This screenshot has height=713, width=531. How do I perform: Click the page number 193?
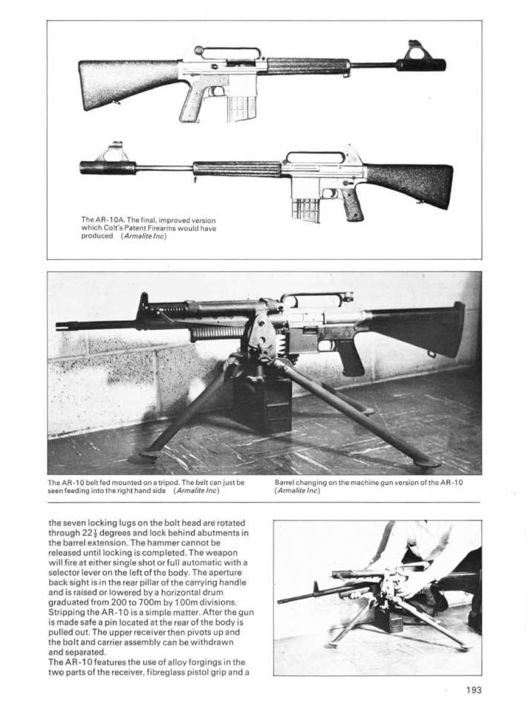(473, 690)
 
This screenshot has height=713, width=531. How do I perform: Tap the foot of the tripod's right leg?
(427, 462)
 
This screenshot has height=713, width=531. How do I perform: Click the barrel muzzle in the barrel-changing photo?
(280, 600)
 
